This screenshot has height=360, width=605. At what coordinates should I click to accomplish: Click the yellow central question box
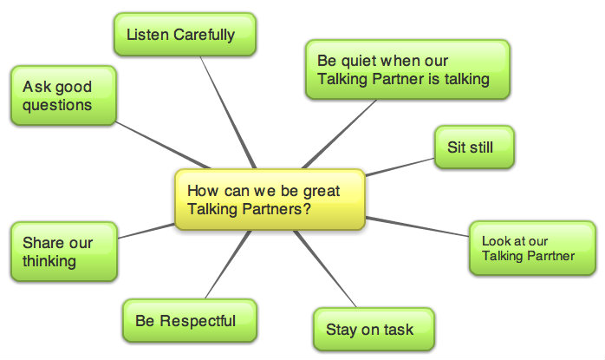click(270, 200)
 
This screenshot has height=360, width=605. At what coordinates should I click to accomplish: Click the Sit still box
click(474, 147)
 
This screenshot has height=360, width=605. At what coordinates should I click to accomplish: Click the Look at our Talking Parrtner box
click(533, 248)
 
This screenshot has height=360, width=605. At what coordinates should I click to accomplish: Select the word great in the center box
click(321, 190)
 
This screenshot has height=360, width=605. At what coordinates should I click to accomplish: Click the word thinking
click(49, 260)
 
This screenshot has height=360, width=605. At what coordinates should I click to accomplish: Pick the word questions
click(57, 105)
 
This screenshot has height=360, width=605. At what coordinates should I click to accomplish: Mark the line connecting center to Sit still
click(399, 167)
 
